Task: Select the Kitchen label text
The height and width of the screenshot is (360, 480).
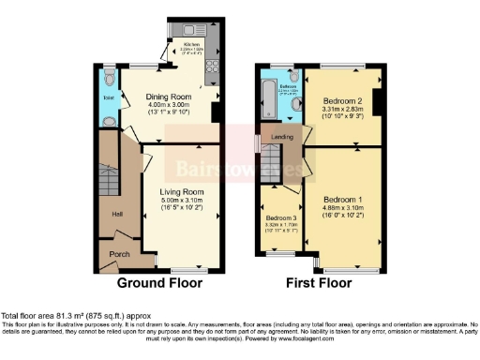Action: pos(194,44)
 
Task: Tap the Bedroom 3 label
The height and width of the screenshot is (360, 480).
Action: pos(279,217)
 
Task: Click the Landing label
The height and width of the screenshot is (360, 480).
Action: pos(282,137)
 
